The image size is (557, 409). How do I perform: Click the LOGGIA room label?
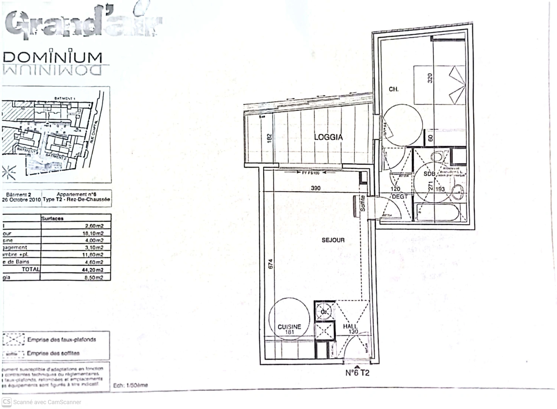click(x=328, y=137)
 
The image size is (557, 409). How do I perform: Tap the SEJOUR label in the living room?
click(x=333, y=240)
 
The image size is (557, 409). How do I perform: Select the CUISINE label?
click(x=289, y=327)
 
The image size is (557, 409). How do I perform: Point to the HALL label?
click(x=350, y=326)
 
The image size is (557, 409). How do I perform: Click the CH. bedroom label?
click(x=393, y=89)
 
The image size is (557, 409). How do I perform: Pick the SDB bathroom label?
click(x=429, y=174)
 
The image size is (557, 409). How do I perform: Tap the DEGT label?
click(x=399, y=197)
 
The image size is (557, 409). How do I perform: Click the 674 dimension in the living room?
click(x=270, y=264)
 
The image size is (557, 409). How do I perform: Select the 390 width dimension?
click(x=315, y=188)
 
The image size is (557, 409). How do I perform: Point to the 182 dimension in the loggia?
click(x=269, y=138)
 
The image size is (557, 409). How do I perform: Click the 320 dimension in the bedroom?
click(x=430, y=78)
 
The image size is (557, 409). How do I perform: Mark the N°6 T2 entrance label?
click(x=357, y=373)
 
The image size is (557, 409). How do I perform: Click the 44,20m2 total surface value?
click(x=94, y=270)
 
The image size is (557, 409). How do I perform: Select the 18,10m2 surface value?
click(x=93, y=233)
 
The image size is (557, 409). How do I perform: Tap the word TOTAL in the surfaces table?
click(x=31, y=269)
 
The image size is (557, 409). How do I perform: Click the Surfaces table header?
click(x=53, y=219)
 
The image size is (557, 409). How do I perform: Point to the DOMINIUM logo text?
click(x=53, y=58)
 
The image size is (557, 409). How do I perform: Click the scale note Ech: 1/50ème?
click(x=131, y=386)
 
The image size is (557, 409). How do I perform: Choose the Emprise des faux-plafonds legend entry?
click(x=61, y=340)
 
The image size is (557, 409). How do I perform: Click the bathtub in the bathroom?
click(x=439, y=212)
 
